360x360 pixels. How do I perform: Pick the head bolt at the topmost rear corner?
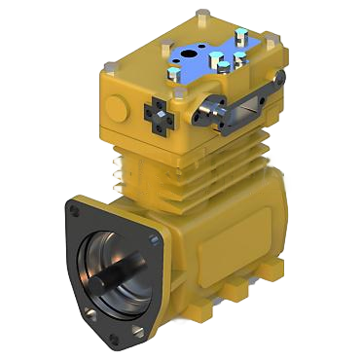point(200,15)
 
